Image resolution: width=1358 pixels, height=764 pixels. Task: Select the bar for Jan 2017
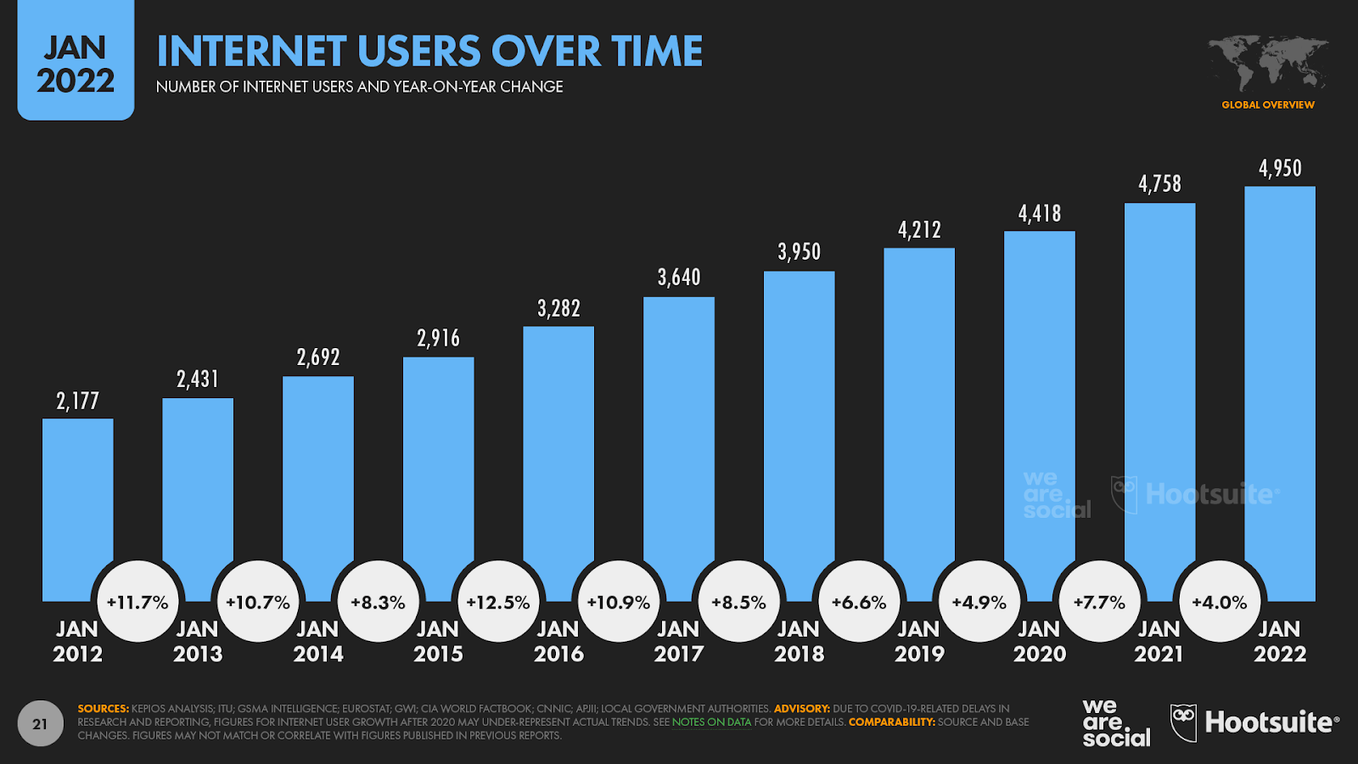(x=679, y=424)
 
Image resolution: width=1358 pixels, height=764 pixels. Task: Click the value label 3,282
(x=558, y=308)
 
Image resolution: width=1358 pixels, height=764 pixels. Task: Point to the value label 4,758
(x=1159, y=183)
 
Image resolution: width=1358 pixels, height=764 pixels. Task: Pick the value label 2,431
(x=198, y=379)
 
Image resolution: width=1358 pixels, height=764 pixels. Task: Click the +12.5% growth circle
(x=498, y=602)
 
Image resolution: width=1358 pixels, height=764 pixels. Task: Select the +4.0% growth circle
(x=1220, y=602)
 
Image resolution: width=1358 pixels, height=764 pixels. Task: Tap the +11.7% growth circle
(x=137, y=602)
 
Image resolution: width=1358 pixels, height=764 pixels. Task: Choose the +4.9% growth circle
(x=979, y=602)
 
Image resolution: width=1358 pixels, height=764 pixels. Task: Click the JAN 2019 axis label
(x=919, y=642)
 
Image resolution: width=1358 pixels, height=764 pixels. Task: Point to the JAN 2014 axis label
(x=317, y=642)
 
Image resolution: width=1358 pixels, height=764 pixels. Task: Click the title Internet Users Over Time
(x=429, y=52)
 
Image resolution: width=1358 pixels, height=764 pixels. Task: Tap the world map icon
(x=1268, y=63)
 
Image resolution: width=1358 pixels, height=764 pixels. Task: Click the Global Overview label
(x=1268, y=105)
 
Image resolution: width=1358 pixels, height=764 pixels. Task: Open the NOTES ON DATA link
(x=711, y=722)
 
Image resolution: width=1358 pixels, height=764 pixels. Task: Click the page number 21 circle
(x=40, y=724)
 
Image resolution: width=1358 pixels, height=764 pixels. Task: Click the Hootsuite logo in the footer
(x=1254, y=723)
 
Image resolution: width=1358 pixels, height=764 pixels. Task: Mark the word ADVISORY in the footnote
(x=801, y=709)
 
